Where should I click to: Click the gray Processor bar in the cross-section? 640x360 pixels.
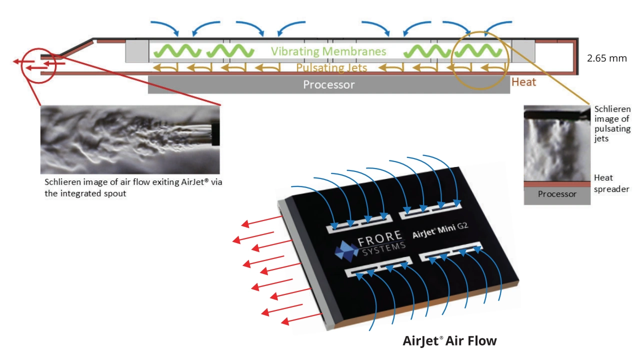point(328,84)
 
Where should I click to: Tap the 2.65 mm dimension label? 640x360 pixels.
point(606,58)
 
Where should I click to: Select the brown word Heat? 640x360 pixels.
point(523,82)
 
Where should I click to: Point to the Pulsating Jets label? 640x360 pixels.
point(331,67)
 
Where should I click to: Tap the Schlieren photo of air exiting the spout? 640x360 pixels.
point(130,139)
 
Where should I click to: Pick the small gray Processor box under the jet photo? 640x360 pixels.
point(556,194)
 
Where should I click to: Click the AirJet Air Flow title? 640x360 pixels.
point(449,341)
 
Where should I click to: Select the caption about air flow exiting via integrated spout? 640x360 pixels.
point(133,187)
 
